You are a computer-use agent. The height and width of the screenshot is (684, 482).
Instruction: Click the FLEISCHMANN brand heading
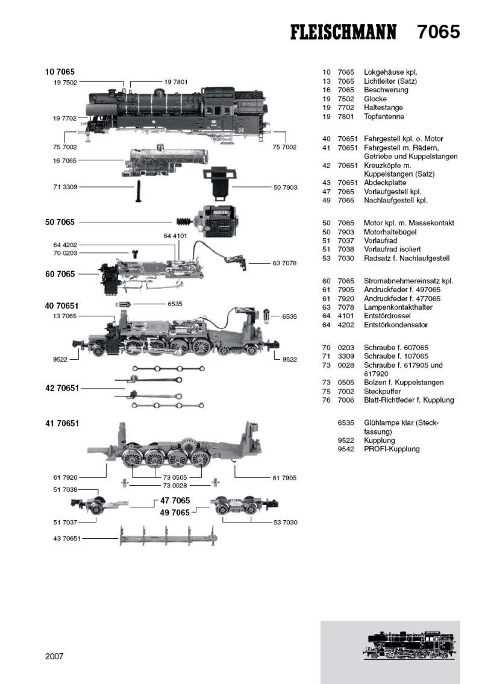(343, 32)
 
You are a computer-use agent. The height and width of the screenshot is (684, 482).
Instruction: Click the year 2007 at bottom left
(54, 656)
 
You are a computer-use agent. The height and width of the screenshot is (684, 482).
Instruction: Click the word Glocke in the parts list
(375, 98)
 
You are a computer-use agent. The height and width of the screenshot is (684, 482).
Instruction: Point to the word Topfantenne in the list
(384, 116)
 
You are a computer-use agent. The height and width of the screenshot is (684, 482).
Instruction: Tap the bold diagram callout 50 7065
(60, 222)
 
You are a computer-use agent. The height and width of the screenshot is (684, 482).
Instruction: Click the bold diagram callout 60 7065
(60, 274)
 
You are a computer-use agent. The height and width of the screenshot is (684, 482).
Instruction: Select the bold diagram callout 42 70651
(62, 389)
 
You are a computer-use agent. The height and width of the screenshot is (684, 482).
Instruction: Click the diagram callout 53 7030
(285, 522)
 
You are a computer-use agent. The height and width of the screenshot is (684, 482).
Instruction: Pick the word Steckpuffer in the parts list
(383, 391)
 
